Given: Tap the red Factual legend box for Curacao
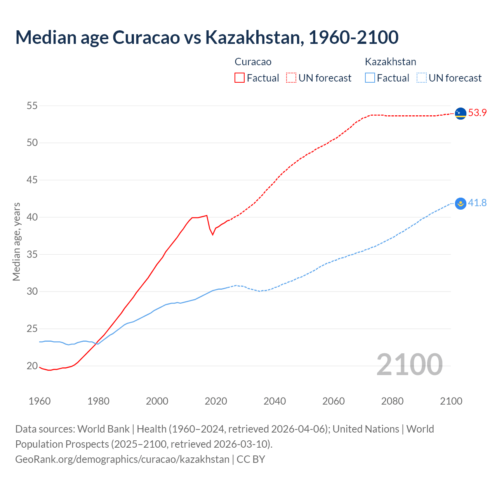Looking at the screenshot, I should click(x=240, y=78).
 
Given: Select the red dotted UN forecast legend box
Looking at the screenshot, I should click(x=291, y=78).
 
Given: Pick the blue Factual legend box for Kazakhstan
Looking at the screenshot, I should click(x=370, y=78).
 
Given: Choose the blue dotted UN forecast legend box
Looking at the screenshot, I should click(x=422, y=78).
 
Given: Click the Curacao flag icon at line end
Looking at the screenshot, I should click(x=461, y=113).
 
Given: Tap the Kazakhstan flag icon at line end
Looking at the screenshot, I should click(x=461, y=203).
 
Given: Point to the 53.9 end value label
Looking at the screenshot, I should click(x=477, y=113).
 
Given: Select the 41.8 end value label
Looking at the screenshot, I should click(x=477, y=203).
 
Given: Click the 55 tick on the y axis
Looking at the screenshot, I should click(x=32, y=106).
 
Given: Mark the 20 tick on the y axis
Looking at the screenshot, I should click(x=32, y=366).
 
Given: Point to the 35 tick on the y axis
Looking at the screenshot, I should click(x=32, y=254).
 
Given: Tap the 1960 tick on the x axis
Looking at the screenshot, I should click(x=40, y=401).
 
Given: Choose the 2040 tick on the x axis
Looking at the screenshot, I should click(x=275, y=401).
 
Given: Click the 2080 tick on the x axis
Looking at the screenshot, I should click(x=392, y=401).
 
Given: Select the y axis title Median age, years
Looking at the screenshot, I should click(x=16, y=242).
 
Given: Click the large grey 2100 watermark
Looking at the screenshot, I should click(x=409, y=364).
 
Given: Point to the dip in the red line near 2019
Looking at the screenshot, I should click(x=212, y=234).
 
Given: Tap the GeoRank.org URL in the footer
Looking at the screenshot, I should click(x=122, y=459).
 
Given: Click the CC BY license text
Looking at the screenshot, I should click(x=251, y=459).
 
